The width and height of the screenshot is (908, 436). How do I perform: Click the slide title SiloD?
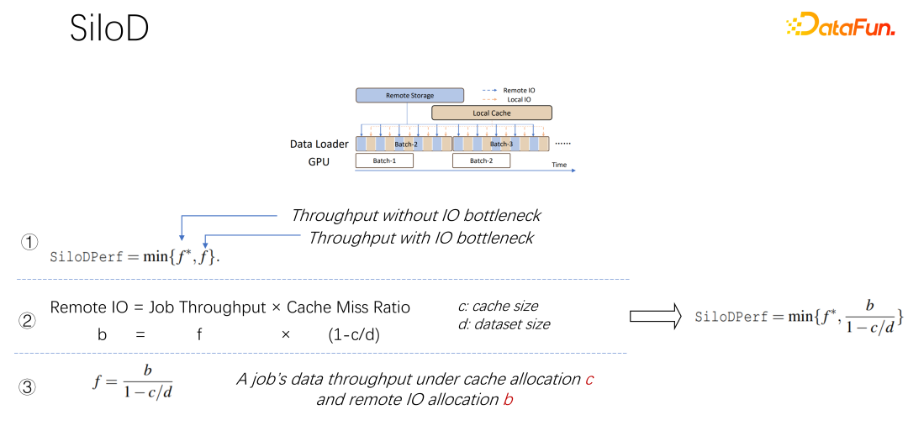coord(109,29)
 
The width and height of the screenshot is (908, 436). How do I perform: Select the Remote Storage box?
coord(409,96)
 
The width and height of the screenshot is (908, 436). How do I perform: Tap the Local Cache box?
coord(492,113)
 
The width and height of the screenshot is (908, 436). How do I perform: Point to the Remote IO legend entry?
coord(512,90)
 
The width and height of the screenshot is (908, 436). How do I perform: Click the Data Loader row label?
coord(319,144)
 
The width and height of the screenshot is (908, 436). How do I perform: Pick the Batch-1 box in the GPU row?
coord(384,160)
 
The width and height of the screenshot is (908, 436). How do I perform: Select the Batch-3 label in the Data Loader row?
coord(502,144)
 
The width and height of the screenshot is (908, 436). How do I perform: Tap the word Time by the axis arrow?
coord(559,165)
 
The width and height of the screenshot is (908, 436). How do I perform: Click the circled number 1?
coord(30,243)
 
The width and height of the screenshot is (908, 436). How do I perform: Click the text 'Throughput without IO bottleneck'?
coord(415,216)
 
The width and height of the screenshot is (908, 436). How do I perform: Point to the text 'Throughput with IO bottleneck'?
coord(420,238)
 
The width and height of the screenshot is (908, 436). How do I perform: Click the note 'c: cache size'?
coord(493,306)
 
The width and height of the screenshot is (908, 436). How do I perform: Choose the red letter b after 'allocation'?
coord(508,400)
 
